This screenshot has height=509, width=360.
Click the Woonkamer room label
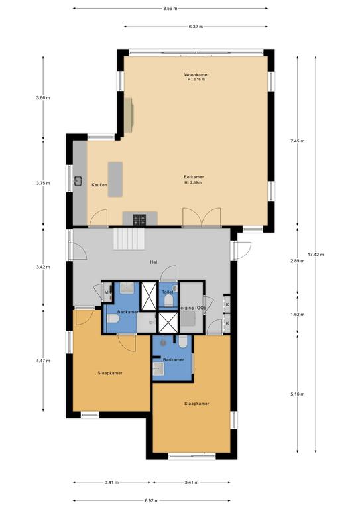pos(196,75)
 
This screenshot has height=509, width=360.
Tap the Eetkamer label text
pos(194,177)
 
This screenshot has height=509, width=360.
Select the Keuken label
pos(99,184)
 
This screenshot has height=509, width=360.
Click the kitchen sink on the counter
pos(78,180)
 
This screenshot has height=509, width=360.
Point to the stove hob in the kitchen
pos(139,219)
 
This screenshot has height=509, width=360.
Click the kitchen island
pos(116,178)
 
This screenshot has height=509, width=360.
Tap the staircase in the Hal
pos(129,238)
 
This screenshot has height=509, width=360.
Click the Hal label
pos(154,262)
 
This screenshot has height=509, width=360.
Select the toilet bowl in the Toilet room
pos(168,302)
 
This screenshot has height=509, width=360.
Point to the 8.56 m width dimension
pos(170,9)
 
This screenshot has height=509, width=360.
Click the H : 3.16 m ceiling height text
pos(196,80)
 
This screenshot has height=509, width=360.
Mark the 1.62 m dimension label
pos(297,314)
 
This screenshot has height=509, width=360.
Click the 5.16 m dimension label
pos(297,394)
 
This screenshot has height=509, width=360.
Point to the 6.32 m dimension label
pos(195,27)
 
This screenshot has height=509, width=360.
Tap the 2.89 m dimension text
pos(297,261)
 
